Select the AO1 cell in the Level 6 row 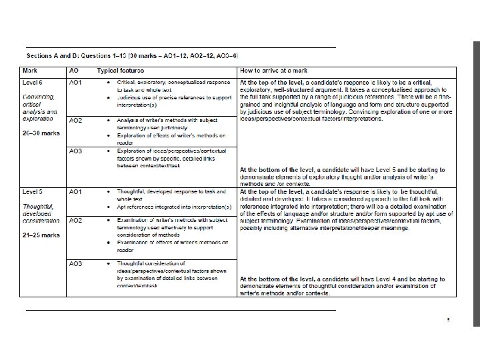pyautogui.click(x=75, y=82)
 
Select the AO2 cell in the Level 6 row pyautogui.click(x=75, y=120)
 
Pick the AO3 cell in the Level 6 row pyautogui.click(x=75, y=151)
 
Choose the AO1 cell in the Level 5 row pyautogui.click(x=75, y=192)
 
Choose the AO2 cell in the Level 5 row pyautogui.click(x=75, y=220)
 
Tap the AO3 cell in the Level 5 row pyautogui.click(x=75, y=264)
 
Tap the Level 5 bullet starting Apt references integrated pyautogui.click(x=173, y=207)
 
